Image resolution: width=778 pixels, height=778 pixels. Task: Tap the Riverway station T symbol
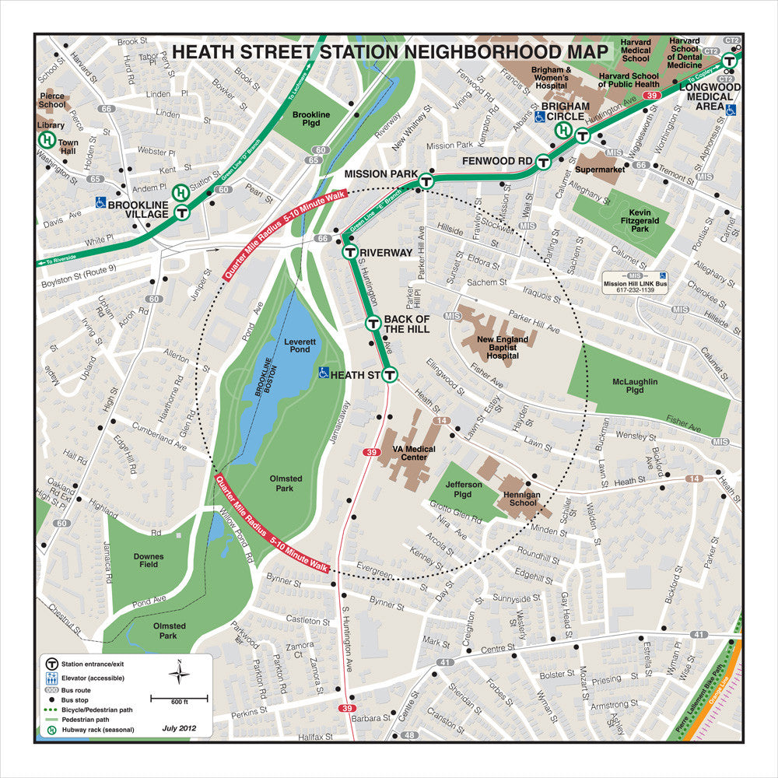[x=350, y=252]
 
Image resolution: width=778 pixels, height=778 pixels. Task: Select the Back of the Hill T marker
[x=373, y=324]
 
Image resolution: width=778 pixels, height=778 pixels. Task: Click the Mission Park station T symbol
[x=426, y=181]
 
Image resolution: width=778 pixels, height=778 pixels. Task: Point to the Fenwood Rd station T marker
[x=544, y=162]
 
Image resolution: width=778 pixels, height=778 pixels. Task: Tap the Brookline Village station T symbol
[x=182, y=212]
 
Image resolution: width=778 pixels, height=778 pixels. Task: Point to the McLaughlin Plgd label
[x=634, y=387]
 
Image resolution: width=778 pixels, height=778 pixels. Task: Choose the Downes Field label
[x=148, y=559]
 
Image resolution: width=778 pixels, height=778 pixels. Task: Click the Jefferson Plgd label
[x=464, y=489]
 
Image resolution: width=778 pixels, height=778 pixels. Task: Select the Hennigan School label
[x=520, y=498]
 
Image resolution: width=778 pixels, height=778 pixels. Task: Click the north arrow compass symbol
[x=180, y=672]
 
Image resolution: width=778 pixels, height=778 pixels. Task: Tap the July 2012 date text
[x=180, y=729]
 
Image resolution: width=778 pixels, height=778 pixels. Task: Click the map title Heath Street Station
[x=390, y=52]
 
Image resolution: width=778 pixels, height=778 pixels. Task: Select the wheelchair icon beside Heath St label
[x=324, y=373]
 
